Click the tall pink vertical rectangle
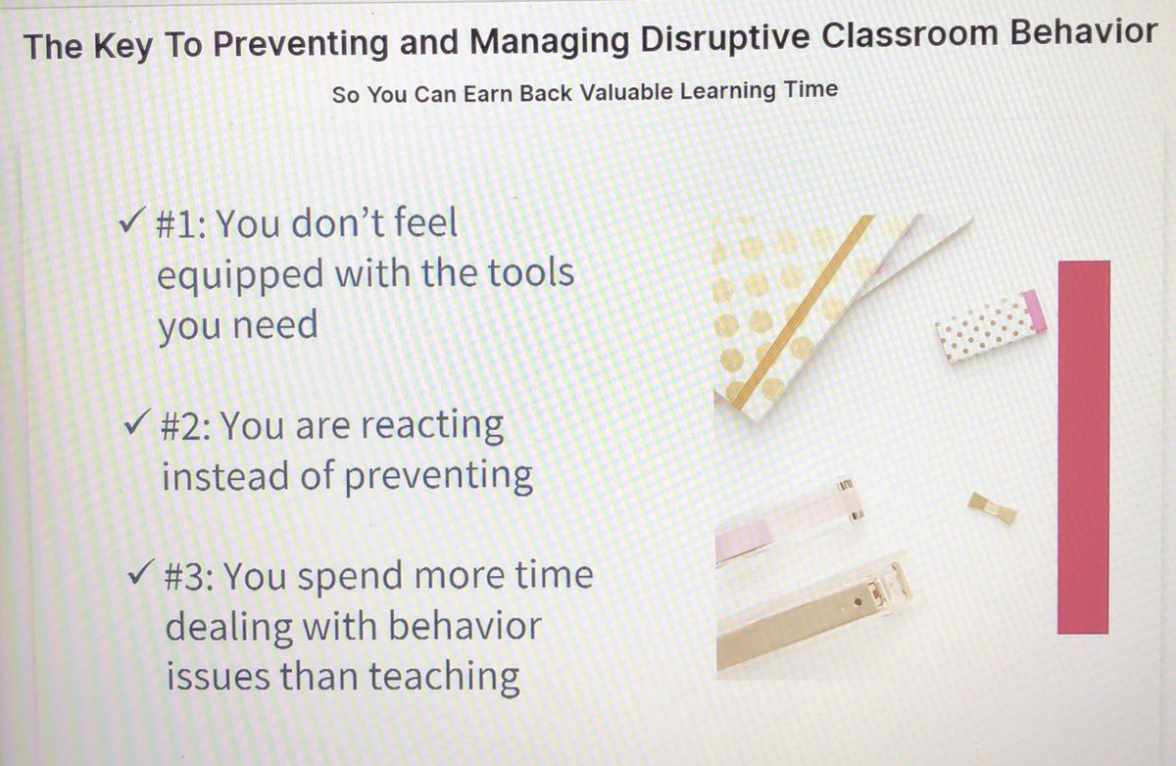pos(1084,447)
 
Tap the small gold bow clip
pos(991,506)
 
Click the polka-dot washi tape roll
pos(991,325)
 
